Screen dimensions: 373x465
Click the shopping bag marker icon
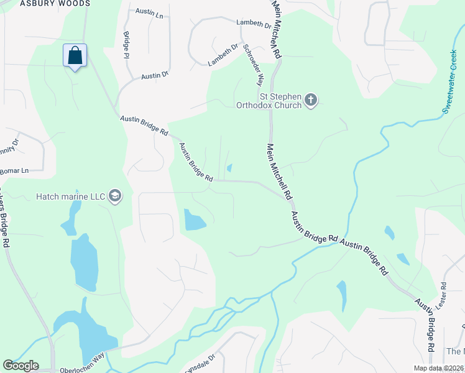[75, 55]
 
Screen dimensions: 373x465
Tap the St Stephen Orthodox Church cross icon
[311, 99]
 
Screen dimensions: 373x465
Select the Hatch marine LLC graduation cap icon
[114, 196]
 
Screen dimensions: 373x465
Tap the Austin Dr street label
[155, 76]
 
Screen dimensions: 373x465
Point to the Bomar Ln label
[16, 170]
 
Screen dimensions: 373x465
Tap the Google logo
[21, 366]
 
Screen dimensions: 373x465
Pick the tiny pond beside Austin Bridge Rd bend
[230, 168]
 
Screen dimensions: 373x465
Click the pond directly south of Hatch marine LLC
[84, 261]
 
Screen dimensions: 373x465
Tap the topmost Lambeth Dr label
[254, 25]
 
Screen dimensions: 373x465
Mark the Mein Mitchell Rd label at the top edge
[277, 30]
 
